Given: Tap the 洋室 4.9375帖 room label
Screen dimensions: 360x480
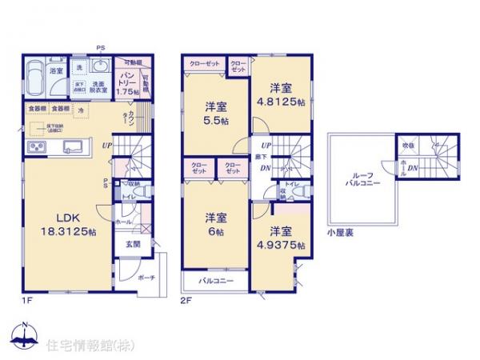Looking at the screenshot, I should [282, 239].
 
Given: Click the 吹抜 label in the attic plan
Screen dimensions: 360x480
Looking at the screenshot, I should [407, 146].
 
